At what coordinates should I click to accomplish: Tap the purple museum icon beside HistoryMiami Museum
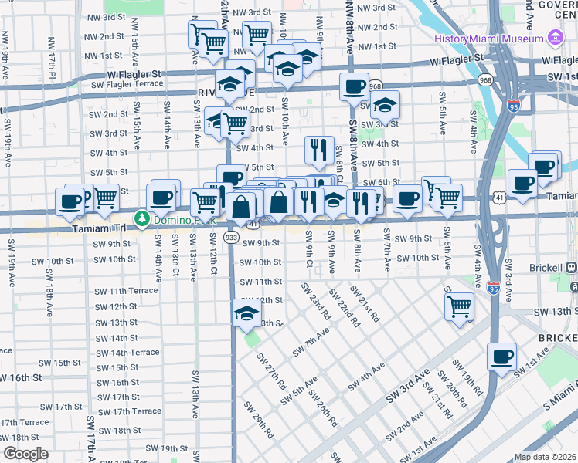tap(554, 38)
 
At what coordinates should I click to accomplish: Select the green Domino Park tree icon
tap(142, 219)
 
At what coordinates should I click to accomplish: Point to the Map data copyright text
tap(545, 456)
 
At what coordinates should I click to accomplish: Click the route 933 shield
tap(231, 238)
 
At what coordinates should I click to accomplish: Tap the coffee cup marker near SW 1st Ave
tap(502, 357)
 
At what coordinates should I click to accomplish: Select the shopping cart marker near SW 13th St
tap(460, 306)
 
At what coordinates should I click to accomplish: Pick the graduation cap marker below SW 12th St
tap(246, 313)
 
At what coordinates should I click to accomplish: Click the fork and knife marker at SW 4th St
tap(319, 149)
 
